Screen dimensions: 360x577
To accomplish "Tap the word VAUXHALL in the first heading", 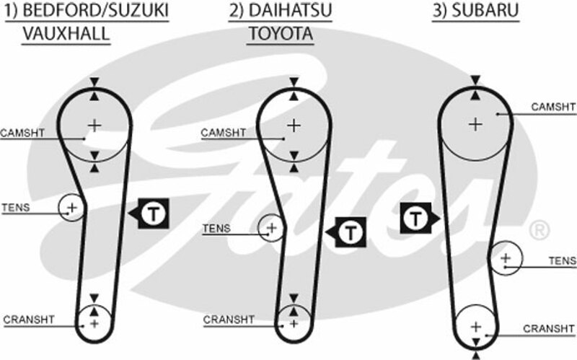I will click(66, 33).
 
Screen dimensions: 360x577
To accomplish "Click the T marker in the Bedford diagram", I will click(152, 213).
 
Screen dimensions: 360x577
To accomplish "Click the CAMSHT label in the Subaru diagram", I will click(553, 107).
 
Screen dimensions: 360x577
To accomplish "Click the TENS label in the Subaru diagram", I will click(563, 260).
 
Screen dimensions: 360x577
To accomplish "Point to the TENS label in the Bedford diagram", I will click(15, 208).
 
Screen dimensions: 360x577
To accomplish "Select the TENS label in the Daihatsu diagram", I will click(216, 228).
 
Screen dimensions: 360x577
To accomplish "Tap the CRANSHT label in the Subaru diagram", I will click(549, 328).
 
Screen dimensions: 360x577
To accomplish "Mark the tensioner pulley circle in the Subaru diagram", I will click(506, 258).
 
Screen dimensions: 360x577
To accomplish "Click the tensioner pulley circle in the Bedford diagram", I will click(71, 208).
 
